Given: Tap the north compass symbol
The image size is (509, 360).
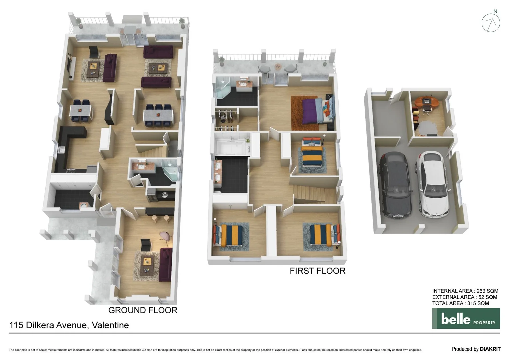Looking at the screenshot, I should pyautogui.click(x=491, y=22).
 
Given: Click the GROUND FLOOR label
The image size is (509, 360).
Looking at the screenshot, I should pyautogui.click(x=143, y=310).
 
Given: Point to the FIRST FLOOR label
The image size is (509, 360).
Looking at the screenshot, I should pyautogui.click(x=317, y=271).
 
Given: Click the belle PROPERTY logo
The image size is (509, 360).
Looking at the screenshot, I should pyautogui.click(x=466, y=318).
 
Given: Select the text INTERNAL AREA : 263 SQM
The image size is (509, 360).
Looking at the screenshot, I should pyautogui.click(x=465, y=291).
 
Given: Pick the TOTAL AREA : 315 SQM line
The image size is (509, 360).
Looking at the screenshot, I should pyautogui.click(x=460, y=303).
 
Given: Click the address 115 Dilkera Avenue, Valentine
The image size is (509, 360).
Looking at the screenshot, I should pyautogui.click(x=69, y=325).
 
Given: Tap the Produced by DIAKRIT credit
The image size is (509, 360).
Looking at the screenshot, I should pyautogui.click(x=476, y=349).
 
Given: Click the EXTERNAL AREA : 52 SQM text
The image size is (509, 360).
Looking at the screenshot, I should pyautogui.click(x=464, y=297).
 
